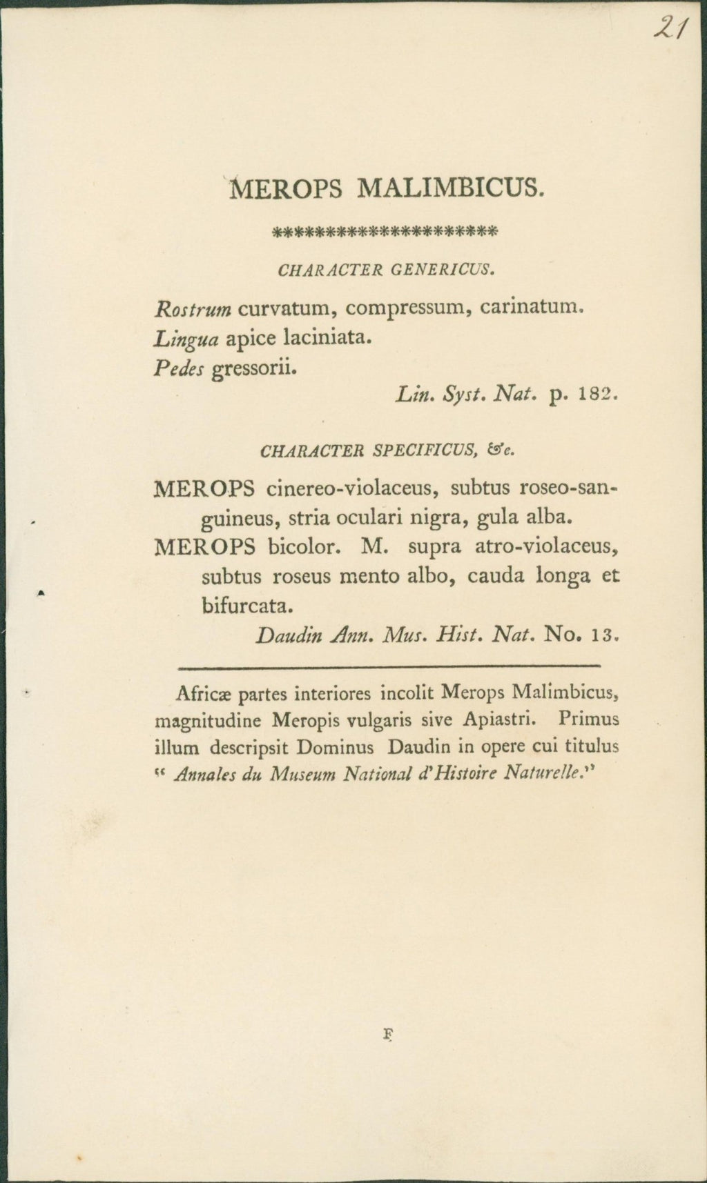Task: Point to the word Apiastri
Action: click(x=500, y=720)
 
